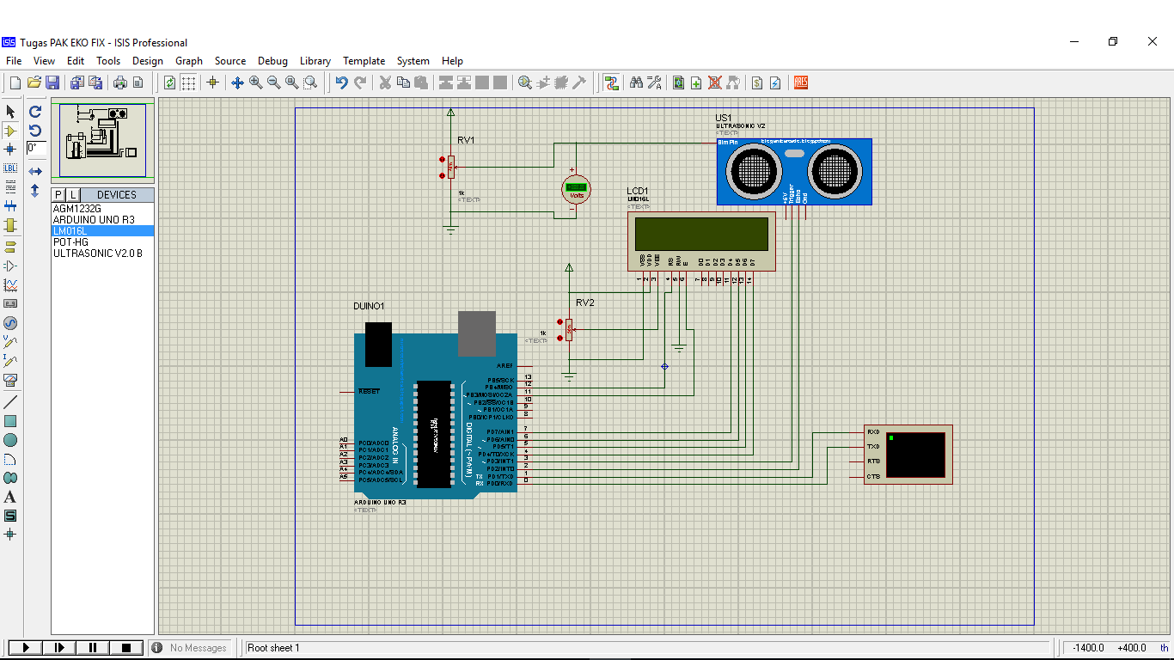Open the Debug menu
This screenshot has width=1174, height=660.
272,61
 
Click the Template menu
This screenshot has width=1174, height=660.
364,61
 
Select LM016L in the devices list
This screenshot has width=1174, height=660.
70,231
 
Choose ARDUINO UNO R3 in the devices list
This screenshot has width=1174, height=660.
94,220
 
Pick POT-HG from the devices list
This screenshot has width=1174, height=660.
70,242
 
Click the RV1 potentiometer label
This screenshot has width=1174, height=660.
466,140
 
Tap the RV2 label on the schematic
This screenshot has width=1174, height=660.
585,302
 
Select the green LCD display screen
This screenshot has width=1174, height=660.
701,234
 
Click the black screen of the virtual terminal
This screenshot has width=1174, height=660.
915,455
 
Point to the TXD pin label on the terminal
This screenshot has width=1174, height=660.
873,447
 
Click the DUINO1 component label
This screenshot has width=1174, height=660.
369,306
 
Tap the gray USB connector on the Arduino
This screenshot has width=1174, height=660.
477,333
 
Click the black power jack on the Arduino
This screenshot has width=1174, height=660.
378,344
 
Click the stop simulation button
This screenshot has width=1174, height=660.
126,648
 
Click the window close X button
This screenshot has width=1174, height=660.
1153,41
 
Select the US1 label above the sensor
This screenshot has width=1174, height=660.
724,118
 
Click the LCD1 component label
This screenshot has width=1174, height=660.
638,191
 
